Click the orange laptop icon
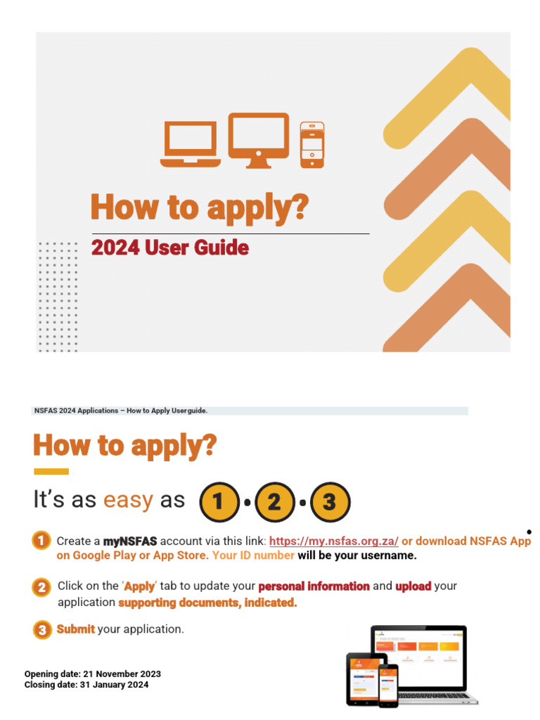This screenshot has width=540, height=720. [x=190, y=143]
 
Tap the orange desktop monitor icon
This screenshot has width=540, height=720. [x=258, y=140]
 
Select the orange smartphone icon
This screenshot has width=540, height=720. [x=312, y=145]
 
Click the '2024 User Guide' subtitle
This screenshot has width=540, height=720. [x=169, y=248]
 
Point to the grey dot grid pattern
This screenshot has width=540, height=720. [x=58, y=295]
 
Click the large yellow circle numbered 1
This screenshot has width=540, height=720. [x=218, y=502]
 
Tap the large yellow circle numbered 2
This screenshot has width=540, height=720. [x=274, y=502]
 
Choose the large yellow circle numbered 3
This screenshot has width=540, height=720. [x=330, y=502]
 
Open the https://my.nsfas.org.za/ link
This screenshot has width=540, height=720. [x=334, y=541]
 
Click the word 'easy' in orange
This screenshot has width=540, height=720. [x=128, y=500]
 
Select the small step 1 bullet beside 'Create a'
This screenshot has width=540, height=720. [x=41, y=541]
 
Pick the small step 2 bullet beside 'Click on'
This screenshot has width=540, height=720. [x=41, y=586]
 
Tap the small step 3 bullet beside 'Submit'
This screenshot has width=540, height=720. [x=41, y=629]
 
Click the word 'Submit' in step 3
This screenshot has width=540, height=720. [x=75, y=629]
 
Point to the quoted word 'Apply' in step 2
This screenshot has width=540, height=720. [x=139, y=586]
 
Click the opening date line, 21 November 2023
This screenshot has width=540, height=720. [x=92, y=674]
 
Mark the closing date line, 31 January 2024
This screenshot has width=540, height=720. [x=86, y=684]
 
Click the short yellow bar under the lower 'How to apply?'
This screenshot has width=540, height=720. [x=51, y=471]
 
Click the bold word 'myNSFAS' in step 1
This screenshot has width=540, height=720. [x=130, y=541]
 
